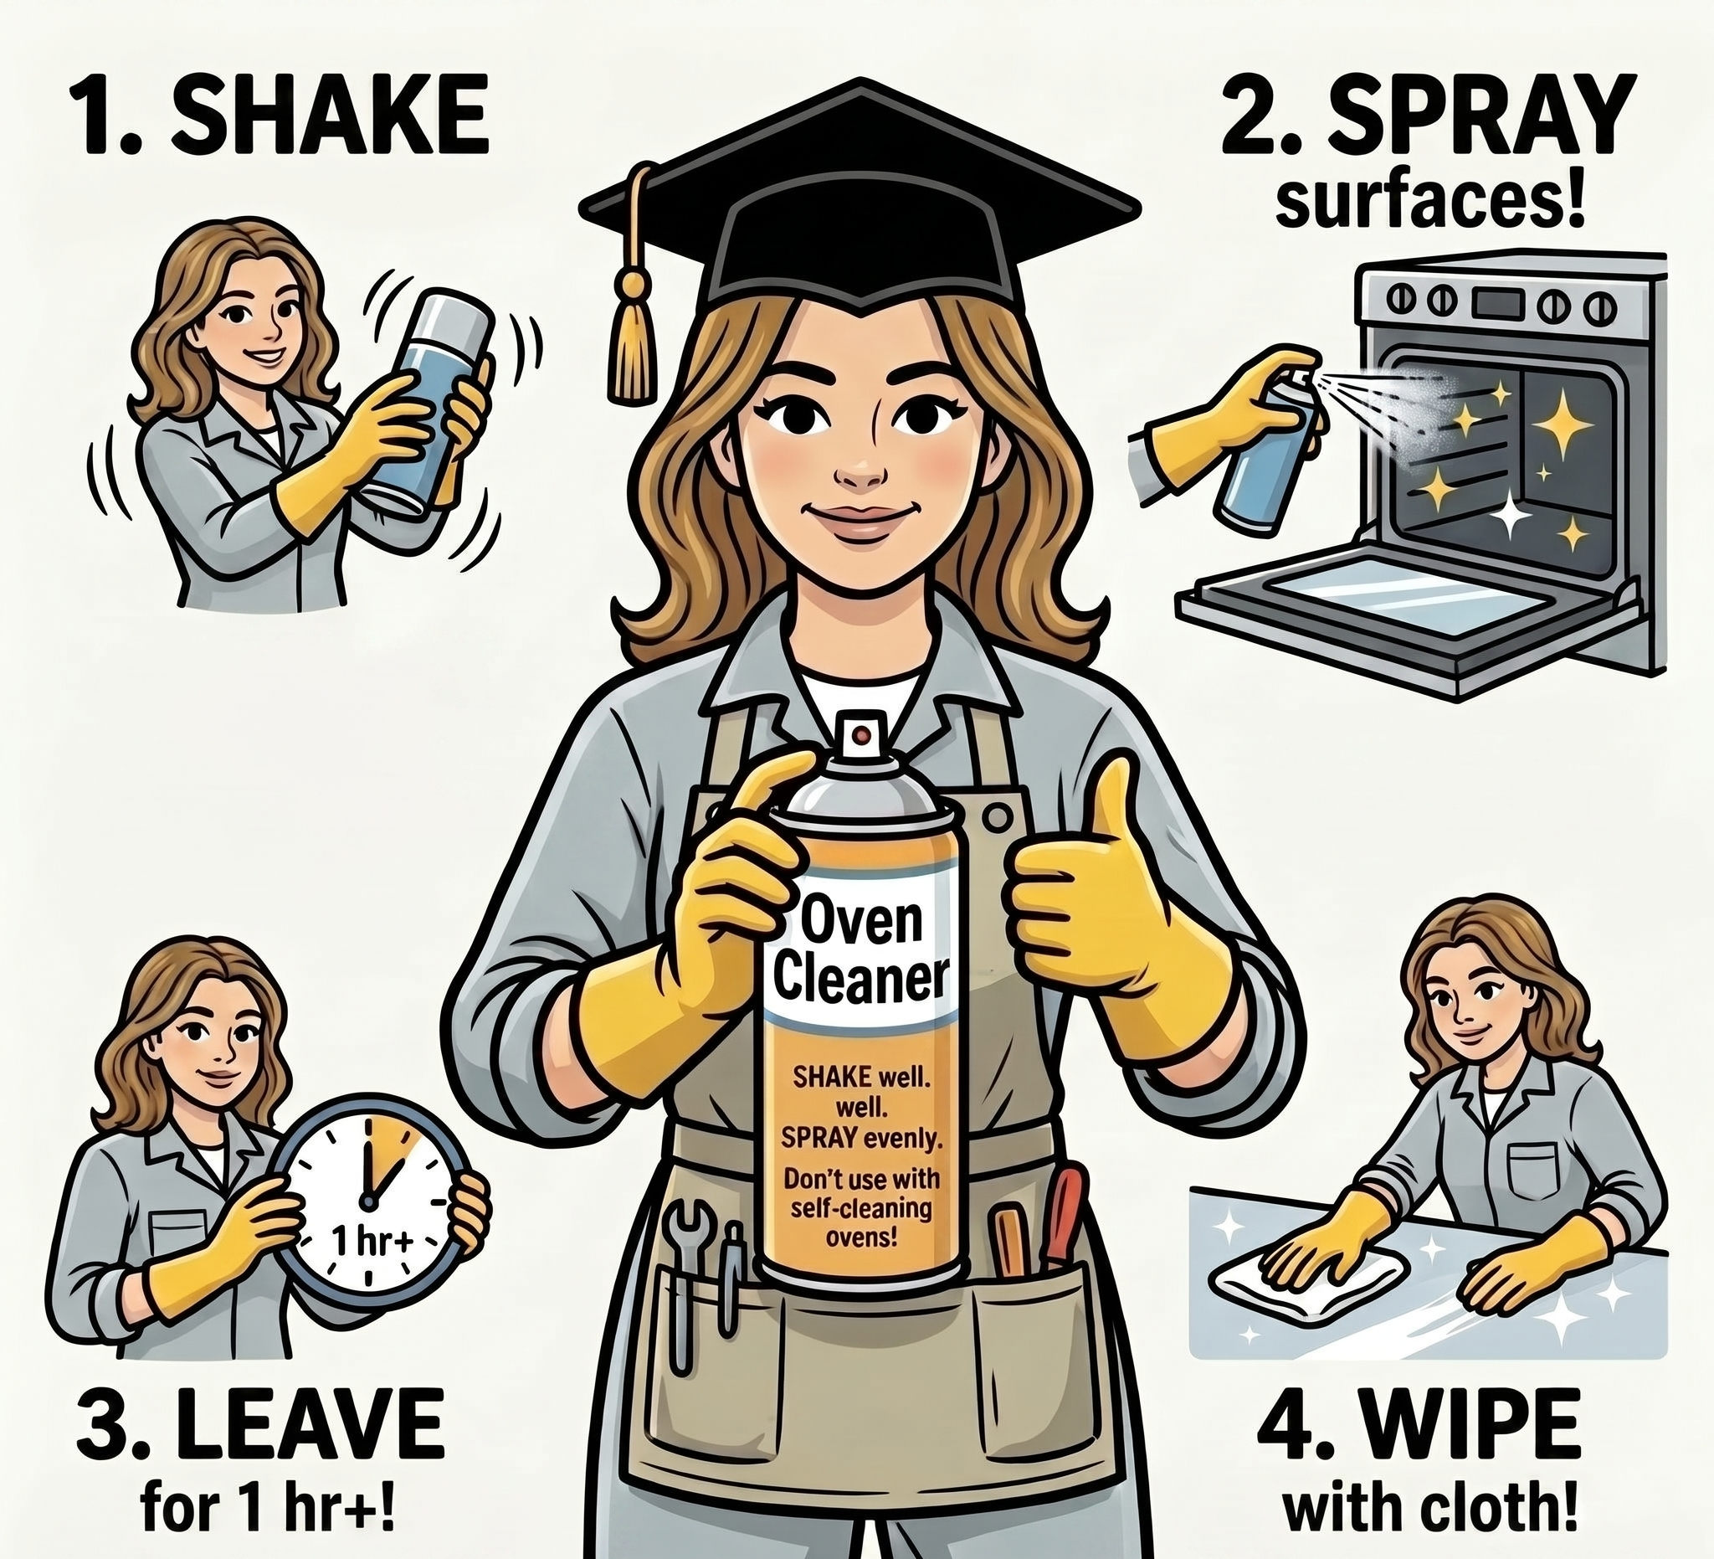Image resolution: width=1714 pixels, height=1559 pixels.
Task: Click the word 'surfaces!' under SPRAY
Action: pos(1431,205)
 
